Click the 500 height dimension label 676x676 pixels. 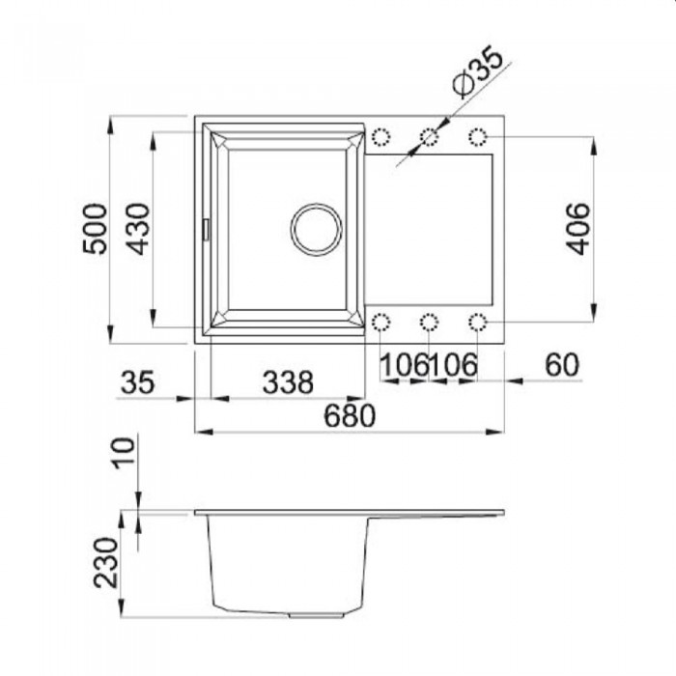[95, 229]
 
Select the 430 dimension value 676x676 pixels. [139, 229]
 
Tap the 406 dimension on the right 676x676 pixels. [577, 229]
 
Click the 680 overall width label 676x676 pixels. [350, 415]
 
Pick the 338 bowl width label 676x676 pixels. [288, 382]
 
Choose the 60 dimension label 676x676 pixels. [562, 365]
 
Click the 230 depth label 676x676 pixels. [105, 562]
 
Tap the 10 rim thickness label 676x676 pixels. [124, 453]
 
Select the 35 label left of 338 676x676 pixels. [137, 382]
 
